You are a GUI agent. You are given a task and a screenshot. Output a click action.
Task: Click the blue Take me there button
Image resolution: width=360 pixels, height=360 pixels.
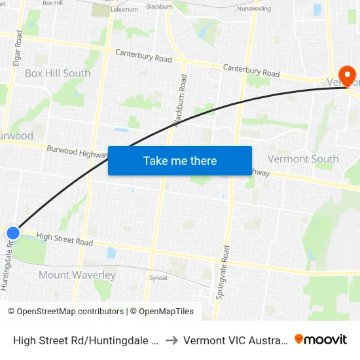(180, 160)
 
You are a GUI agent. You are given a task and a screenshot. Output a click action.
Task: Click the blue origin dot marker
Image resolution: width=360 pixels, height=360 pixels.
(13, 232)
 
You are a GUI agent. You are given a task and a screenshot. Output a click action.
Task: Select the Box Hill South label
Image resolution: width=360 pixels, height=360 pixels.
(58, 73)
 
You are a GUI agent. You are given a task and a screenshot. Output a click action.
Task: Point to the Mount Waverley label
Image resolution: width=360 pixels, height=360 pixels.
(77, 275)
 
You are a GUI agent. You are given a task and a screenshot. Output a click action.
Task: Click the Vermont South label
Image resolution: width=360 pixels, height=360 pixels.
(303, 159)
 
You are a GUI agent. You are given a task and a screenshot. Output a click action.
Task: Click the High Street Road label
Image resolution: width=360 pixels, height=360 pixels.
(65, 239)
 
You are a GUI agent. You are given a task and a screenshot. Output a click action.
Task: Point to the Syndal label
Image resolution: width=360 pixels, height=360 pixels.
(158, 278)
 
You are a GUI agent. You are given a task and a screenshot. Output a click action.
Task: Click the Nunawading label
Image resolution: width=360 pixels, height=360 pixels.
(253, 9)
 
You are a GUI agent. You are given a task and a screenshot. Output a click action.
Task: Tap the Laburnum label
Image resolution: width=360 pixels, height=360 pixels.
(124, 9)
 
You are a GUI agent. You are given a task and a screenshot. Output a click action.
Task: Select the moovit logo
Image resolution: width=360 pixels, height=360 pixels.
(321, 340)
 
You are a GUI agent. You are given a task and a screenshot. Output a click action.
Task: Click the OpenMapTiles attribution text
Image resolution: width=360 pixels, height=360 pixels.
(164, 312)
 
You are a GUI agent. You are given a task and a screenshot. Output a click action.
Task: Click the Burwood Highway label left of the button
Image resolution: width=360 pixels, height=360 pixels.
(77, 152)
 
